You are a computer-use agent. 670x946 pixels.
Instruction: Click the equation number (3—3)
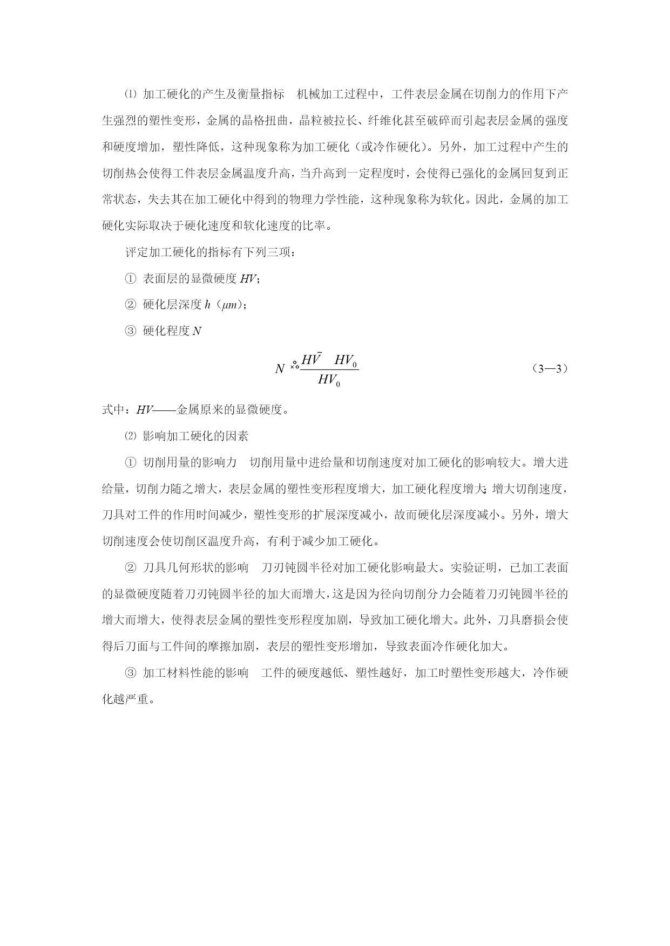click(x=550, y=369)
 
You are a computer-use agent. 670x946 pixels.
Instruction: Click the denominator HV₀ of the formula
click(x=329, y=380)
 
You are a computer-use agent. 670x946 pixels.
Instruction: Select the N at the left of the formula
click(x=279, y=369)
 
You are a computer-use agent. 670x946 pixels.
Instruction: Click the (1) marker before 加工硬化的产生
click(x=131, y=94)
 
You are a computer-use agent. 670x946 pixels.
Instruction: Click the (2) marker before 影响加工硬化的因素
click(x=131, y=436)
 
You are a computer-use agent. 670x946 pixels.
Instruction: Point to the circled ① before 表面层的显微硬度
click(x=131, y=279)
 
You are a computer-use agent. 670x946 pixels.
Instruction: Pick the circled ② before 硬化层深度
click(x=131, y=305)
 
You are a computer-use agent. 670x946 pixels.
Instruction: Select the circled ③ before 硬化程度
click(x=131, y=331)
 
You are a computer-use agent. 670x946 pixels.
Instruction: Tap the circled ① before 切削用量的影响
click(x=131, y=463)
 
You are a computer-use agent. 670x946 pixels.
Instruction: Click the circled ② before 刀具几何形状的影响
click(x=131, y=567)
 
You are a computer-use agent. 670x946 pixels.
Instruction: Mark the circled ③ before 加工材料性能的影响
click(x=131, y=673)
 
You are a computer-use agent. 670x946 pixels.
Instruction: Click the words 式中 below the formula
click(x=113, y=410)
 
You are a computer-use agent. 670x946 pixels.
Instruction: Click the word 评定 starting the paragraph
click(x=137, y=252)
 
